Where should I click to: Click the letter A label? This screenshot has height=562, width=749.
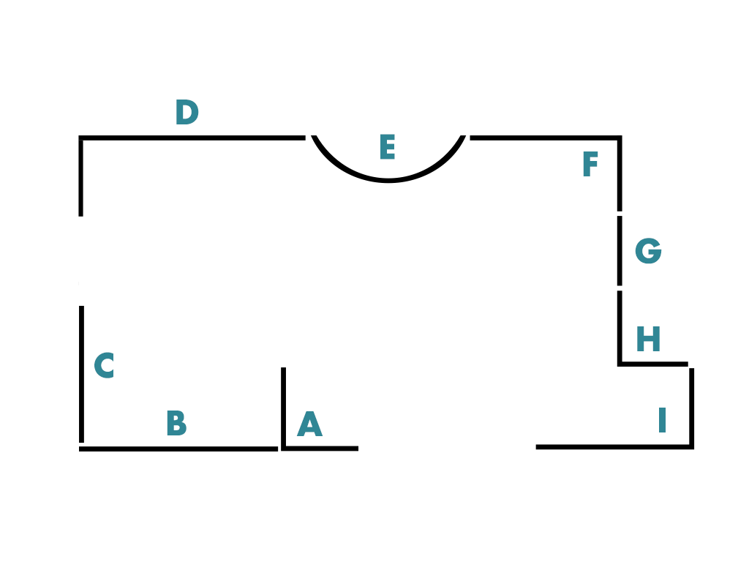click(309, 425)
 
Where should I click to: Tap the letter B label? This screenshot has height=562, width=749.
click(176, 424)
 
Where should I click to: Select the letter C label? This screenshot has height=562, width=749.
click(104, 367)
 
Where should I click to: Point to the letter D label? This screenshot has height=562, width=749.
click(187, 113)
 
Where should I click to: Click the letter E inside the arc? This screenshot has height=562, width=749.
click(387, 148)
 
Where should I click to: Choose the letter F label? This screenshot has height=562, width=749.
click(590, 165)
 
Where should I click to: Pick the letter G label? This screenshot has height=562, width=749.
click(648, 252)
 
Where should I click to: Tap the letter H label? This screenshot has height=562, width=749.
click(648, 340)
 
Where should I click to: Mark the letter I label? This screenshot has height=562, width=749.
click(662, 421)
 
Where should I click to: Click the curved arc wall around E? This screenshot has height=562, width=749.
click(388, 179)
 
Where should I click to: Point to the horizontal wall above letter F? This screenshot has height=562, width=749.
click(545, 138)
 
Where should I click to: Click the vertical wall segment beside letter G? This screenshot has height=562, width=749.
click(620, 250)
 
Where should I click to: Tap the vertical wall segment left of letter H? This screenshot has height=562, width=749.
click(620, 326)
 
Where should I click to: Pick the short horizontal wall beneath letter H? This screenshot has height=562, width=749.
click(653, 364)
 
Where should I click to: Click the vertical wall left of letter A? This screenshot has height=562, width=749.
click(283, 406)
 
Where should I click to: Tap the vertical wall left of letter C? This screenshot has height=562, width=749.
click(81, 373)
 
